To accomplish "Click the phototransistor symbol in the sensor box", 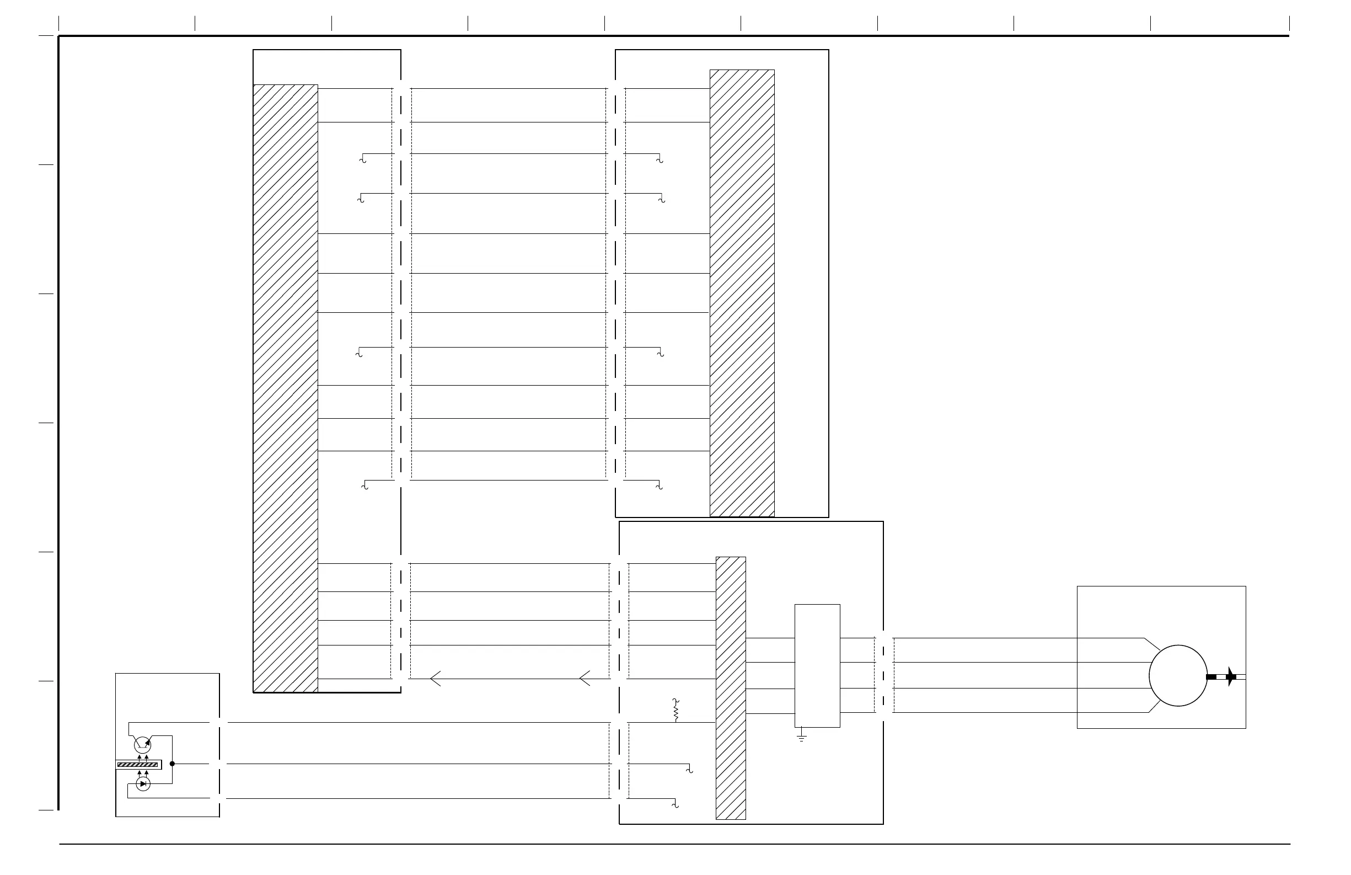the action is point(142,744).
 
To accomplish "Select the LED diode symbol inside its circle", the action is point(143,784).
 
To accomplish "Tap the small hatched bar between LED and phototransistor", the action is point(138,765).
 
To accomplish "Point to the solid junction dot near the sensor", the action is point(172,764).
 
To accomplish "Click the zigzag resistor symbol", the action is point(676,711).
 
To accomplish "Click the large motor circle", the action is point(1178,676).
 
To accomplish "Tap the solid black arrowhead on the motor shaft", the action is point(1231,676).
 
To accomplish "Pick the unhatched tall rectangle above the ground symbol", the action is point(817,665).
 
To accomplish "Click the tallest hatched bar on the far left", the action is point(285,388).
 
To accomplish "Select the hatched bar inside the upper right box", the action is point(742,293).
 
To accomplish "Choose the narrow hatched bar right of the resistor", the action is point(731,687).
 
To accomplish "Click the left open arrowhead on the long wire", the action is point(436,679).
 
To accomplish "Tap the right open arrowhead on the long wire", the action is point(585,679).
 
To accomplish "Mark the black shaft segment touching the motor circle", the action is point(1211,677).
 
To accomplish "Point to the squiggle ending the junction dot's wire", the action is point(689,770).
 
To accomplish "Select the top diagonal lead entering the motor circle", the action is point(1152,644).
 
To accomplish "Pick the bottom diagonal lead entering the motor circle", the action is point(1154,706).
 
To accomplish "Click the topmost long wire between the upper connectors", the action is point(508,89).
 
